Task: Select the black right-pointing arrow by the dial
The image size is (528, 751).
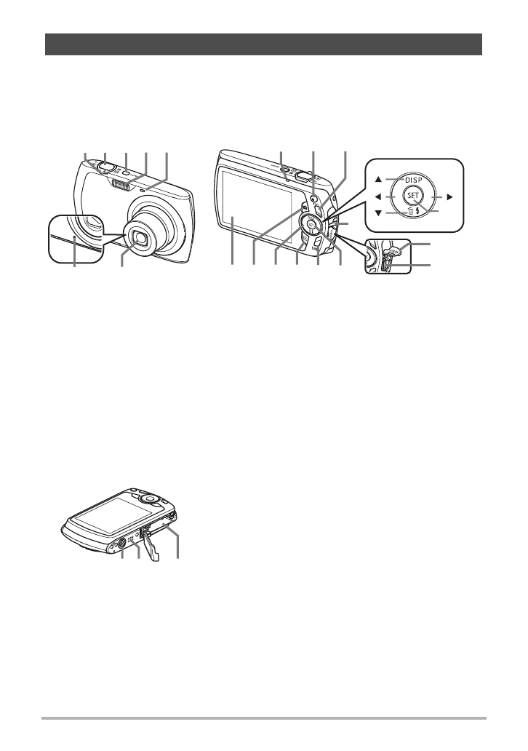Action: pos(450,196)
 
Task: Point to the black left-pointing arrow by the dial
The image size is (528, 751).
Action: pos(378,196)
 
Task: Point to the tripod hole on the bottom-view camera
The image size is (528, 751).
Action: pos(123,541)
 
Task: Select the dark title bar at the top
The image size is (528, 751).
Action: pos(264,44)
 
